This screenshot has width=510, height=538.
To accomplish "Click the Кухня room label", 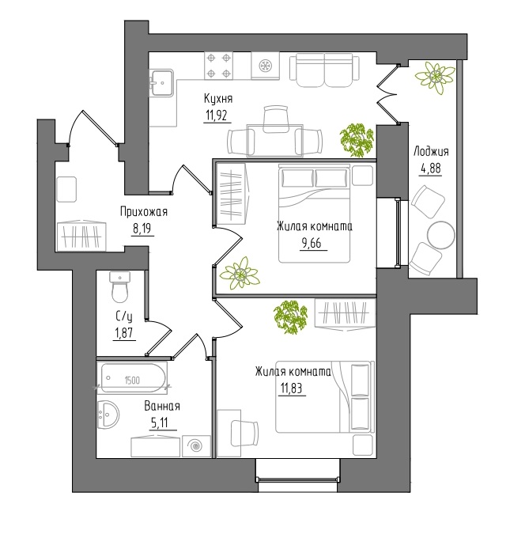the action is (x=218, y=99).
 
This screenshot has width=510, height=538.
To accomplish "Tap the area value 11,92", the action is (x=217, y=116).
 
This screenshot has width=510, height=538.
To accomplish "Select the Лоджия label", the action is (x=431, y=152).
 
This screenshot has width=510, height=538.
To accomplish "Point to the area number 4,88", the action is (x=429, y=169).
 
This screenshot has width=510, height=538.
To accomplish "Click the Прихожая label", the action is (x=144, y=212).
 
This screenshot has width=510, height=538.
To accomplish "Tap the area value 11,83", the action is (x=293, y=388).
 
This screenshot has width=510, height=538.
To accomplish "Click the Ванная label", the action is (x=162, y=406).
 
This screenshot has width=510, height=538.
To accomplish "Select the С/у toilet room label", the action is (x=124, y=316).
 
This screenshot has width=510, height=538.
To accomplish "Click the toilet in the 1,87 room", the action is (x=119, y=287).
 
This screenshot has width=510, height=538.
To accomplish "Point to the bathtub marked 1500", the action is (x=133, y=377).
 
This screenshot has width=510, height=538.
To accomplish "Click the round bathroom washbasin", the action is (x=108, y=415).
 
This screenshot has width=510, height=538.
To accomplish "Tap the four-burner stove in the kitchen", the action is (x=218, y=65).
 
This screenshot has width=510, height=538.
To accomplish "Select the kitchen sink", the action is (x=162, y=82).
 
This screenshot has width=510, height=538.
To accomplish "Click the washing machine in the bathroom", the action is (x=196, y=446).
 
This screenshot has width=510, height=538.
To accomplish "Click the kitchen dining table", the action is (x=275, y=140).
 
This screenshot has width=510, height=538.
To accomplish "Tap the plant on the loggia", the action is (x=435, y=78).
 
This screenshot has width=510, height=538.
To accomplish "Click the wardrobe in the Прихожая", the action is (x=81, y=236).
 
